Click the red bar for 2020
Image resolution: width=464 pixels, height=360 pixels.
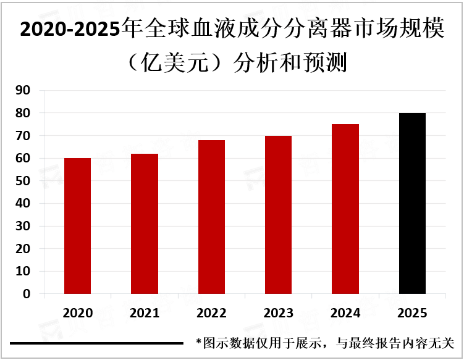(x=77, y=226)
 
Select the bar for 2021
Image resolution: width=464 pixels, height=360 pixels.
(x=145, y=224)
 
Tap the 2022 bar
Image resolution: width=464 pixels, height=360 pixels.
(x=211, y=217)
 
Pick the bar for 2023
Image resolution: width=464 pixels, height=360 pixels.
(x=278, y=215)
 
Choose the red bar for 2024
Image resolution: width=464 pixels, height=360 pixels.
(x=345, y=209)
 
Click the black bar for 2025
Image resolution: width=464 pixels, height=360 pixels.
(x=412, y=203)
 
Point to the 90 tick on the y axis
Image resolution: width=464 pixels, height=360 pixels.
(x=23, y=91)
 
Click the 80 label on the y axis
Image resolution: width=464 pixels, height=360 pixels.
(x=23, y=114)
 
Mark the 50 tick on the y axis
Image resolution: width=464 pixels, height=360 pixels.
(x=23, y=181)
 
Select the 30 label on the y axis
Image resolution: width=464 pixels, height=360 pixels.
(x=23, y=227)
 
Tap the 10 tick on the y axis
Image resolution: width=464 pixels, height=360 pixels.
(x=23, y=272)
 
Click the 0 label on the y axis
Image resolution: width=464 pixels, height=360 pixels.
(x=27, y=295)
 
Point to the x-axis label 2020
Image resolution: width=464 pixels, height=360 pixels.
(x=77, y=313)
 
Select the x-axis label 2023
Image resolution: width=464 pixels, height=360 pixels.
(x=278, y=313)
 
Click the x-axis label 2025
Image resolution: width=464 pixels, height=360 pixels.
(x=412, y=313)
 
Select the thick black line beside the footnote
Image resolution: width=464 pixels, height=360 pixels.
(x=96, y=343)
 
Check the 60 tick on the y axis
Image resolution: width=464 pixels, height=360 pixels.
(x=23, y=159)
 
